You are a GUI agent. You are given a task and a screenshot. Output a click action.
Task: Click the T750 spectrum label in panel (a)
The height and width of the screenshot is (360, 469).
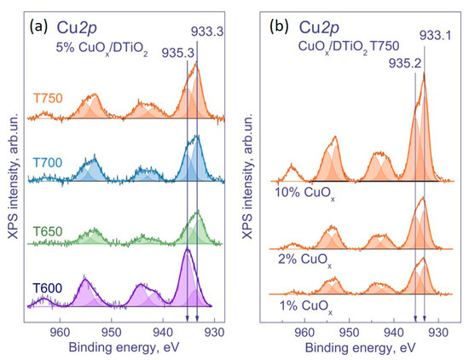[46, 96]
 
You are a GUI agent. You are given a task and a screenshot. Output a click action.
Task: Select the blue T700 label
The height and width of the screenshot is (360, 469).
[46, 162]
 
